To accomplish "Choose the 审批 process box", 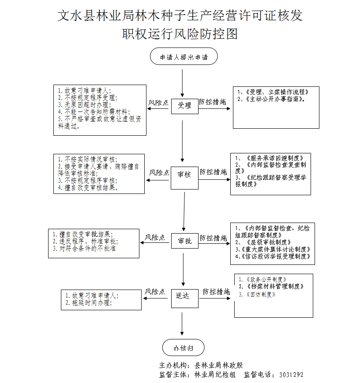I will pos(184,241).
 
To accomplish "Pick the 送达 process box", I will pos(183,296).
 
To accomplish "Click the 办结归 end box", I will pos(183,348).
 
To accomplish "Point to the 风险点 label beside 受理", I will pos(158,102).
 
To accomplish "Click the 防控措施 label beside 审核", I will pos(213,171).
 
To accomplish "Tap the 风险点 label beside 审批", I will pos(155,238).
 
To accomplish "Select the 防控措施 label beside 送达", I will pos(216,292).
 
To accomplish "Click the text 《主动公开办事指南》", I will pos(272,99).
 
